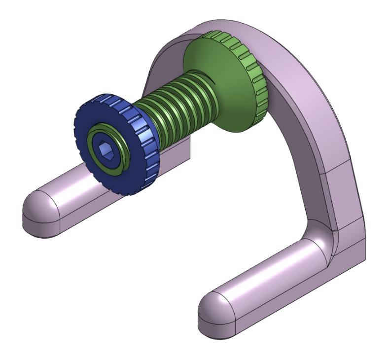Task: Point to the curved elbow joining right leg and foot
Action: (x=320, y=237)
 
